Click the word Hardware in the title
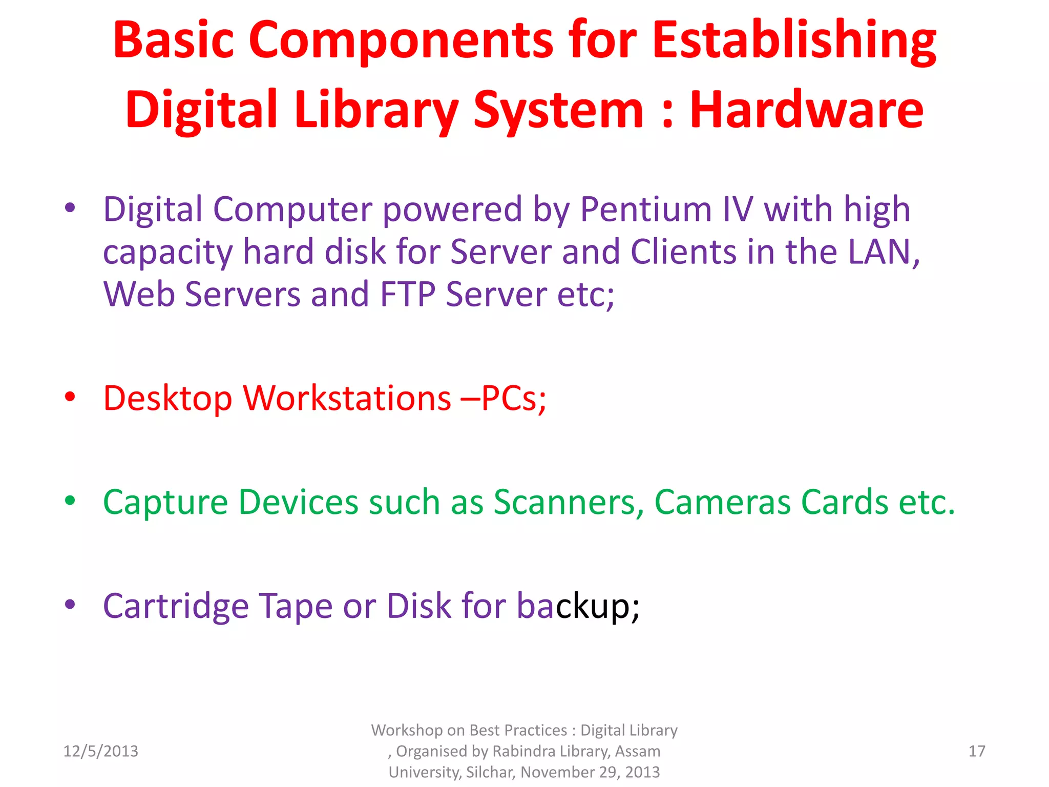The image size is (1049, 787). [806, 110]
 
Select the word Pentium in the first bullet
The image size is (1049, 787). [646, 210]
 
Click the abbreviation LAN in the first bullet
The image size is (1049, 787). [881, 252]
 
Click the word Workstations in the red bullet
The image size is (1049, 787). [347, 398]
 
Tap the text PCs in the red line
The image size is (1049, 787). [509, 398]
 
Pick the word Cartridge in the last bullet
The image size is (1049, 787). [176, 606]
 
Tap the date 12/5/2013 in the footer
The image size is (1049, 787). [100, 751]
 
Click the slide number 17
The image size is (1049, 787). [976, 751]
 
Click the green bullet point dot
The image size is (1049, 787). [70, 501]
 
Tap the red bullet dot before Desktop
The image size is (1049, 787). [70, 397]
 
